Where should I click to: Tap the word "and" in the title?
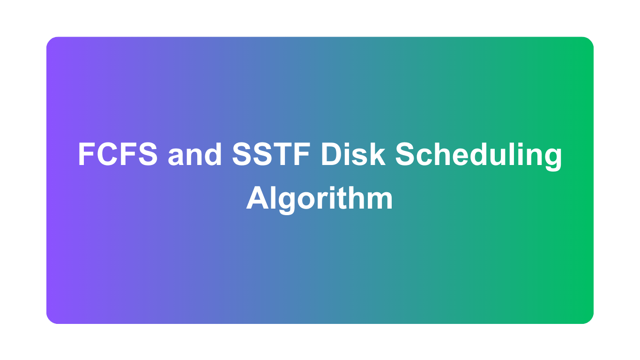coord(195,155)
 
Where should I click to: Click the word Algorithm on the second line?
coord(320,199)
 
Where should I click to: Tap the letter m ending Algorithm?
coord(380,200)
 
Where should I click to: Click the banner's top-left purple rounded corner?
coord(51,42)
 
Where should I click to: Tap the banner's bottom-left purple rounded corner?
coord(51,319)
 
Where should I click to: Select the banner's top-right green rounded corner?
coord(589,42)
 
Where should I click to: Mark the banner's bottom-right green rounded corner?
coord(589,319)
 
